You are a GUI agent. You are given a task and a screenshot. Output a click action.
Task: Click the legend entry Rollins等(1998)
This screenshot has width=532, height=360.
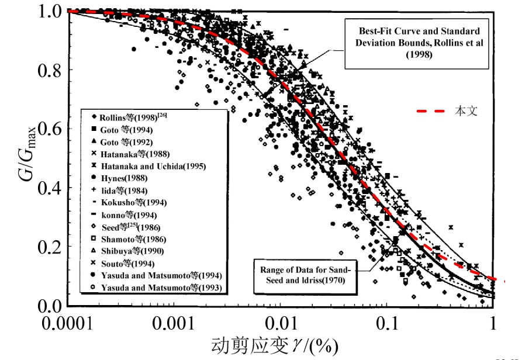pyautogui.click(x=129, y=117)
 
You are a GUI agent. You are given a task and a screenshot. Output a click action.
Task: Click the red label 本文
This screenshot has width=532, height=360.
pyautogui.click(x=466, y=110)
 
